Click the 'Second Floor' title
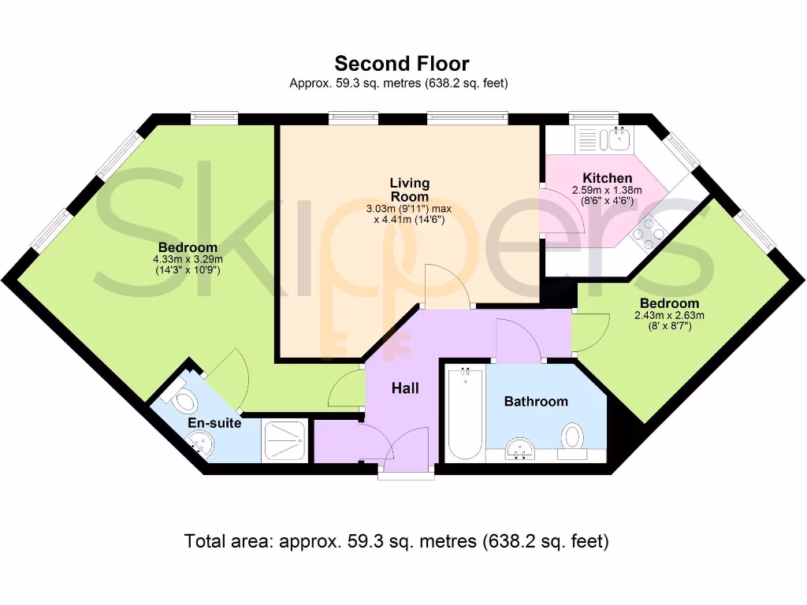pyautogui.click(x=402, y=63)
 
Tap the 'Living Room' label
pyautogui.click(x=409, y=190)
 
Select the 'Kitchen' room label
pyautogui.click(x=607, y=178)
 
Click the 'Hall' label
pyautogui.click(x=406, y=388)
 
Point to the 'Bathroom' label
pyautogui.click(x=536, y=402)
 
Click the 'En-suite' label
pyautogui.click(x=214, y=424)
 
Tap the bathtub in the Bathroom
pyautogui.click(x=466, y=414)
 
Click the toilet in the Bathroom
pyautogui.click(x=573, y=437)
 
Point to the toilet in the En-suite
pyautogui.click(x=183, y=398)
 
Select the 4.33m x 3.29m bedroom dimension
pyautogui.click(x=188, y=259)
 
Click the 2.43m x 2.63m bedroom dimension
pyautogui.click(x=669, y=316)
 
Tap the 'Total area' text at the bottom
pyautogui.click(x=396, y=541)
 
